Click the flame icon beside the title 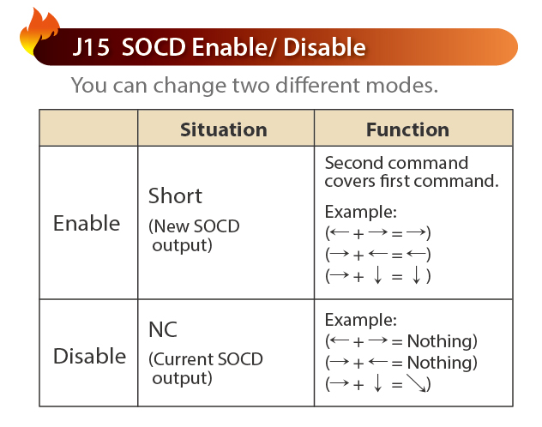pyautogui.click(x=39, y=32)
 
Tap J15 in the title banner pyautogui.click(x=91, y=47)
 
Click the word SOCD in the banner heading pyautogui.click(x=154, y=47)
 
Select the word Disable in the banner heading pyautogui.click(x=324, y=47)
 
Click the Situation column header pyautogui.click(x=224, y=129)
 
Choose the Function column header pyautogui.click(x=407, y=129)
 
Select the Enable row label pyautogui.click(x=87, y=223)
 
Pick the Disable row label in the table pyautogui.click(x=89, y=356)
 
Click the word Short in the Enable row pyautogui.click(x=175, y=195)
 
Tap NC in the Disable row pyautogui.click(x=162, y=329)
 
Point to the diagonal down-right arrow pyautogui.click(x=416, y=382)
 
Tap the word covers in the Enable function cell pyautogui.click(x=350, y=182)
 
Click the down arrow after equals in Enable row pyautogui.click(x=417, y=276)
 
